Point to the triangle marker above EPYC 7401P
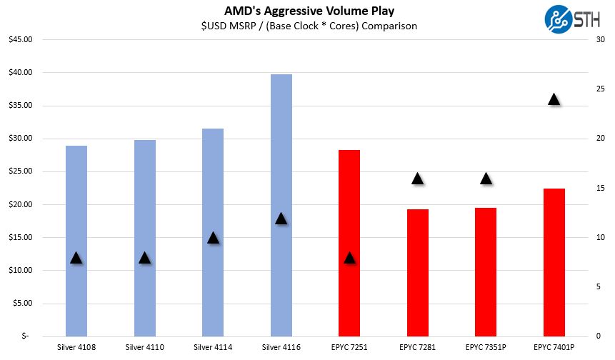[554, 99]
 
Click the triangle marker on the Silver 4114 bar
[213, 237]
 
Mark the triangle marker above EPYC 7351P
[486, 179]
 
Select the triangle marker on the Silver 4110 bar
[145, 257]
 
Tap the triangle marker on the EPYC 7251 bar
[349, 257]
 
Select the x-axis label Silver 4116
[281, 348]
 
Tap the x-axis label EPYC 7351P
[486, 348]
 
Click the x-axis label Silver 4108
[76, 348]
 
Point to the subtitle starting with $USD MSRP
[308, 26]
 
